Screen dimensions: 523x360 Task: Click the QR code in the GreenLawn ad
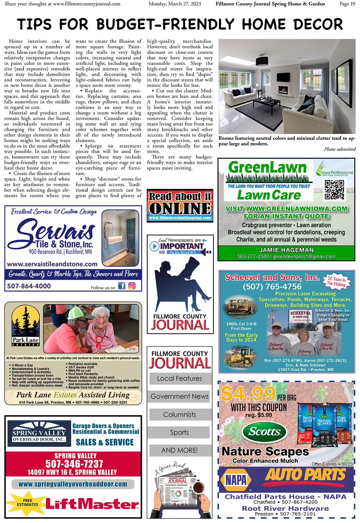click(x=334, y=190)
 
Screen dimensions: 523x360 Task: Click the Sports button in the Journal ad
click(x=179, y=433)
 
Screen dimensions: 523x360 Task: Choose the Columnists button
click(x=179, y=414)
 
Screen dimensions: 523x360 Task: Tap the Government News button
click(x=179, y=396)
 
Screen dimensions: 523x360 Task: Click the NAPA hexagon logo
click(x=236, y=480)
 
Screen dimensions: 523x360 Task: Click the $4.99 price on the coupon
click(x=248, y=394)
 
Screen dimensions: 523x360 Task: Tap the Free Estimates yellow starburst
click(x=27, y=503)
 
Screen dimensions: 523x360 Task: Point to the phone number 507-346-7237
click(x=74, y=464)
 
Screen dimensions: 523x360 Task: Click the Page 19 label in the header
click(x=347, y=4)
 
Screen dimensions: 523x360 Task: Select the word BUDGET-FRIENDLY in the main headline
click(x=165, y=24)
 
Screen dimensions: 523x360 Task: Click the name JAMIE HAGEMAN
click(x=286, y=250)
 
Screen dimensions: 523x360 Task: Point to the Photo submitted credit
click(x=340, y=149)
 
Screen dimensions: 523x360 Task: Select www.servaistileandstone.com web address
click(x=52, y=264)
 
